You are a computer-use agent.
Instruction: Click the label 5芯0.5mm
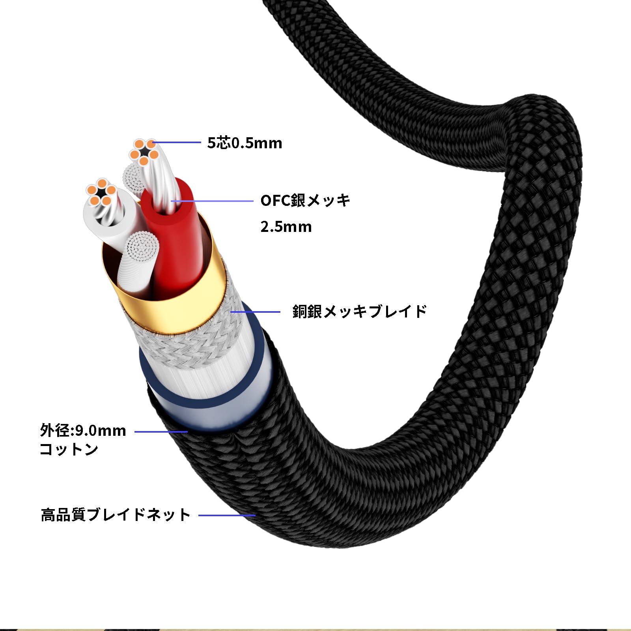245,143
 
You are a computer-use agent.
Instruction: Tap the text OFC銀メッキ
305,200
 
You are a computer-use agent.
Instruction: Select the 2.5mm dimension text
286,227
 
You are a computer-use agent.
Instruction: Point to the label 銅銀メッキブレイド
360,311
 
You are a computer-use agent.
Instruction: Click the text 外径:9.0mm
83,430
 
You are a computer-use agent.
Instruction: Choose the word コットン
69,449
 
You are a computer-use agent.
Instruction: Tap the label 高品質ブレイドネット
116,515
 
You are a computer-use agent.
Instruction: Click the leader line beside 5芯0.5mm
177,142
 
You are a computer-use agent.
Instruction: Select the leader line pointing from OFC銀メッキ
212,201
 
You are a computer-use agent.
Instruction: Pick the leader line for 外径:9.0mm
161,432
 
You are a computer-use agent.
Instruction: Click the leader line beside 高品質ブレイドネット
227,515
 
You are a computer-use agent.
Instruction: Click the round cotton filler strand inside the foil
138,264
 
